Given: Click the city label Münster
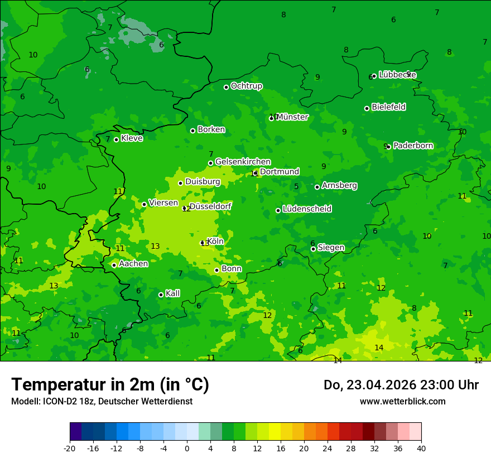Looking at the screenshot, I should [x=292, y=117].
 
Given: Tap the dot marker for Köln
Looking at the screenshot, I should [x=203, y=243].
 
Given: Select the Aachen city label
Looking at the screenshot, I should [x=133, y=264].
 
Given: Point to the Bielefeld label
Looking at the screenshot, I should [x=388, y=107].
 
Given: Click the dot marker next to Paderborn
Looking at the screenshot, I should [x=388, y=147].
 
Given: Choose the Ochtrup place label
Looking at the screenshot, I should [x=246, y=86].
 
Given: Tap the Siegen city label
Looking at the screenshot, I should [x=331, y=248].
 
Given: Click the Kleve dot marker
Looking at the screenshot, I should [x=116, y=139].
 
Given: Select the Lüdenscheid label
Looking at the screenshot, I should [x=307, y=209].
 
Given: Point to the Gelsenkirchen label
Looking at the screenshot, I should [x=243, y=162].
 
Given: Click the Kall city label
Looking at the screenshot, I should [x=172, y=293].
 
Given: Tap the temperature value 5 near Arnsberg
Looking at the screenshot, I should [x=296, y=187].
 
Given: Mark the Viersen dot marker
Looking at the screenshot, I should [x=144, y=204].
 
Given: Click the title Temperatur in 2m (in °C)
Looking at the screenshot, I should [x=110, y=385].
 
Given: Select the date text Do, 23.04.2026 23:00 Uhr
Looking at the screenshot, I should [x=401, y=385].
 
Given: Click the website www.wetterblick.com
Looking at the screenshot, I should [x=402, y=402].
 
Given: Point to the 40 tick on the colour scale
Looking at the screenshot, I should [x=421, y=448].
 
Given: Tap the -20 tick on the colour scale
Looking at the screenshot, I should [x=70, y=448].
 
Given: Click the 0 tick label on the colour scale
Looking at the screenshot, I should [x=187, y=448].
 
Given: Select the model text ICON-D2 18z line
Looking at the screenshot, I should [x=102, y=402].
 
